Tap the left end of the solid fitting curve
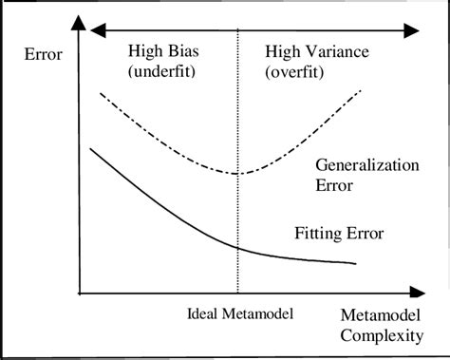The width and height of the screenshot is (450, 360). (x=90, y=148)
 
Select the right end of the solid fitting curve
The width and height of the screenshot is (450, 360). (x=356, y=263)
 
